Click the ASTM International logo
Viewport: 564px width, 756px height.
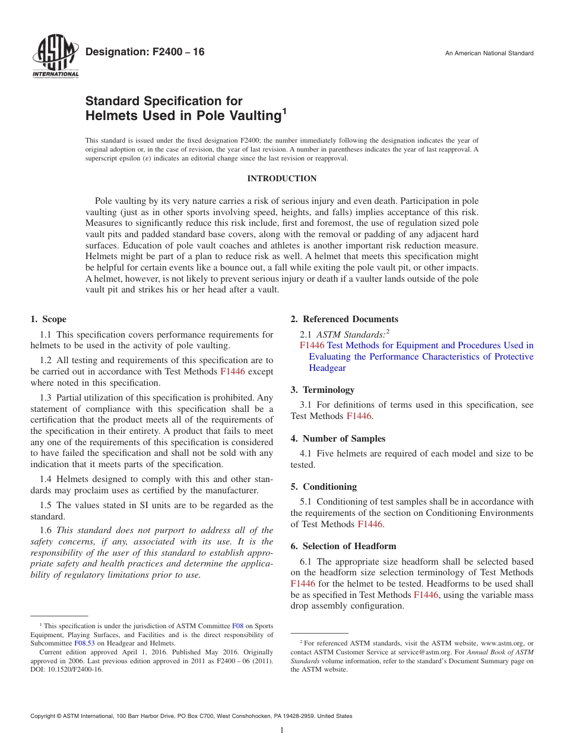tap(55, 57)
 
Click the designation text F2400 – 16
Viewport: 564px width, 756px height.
tap(145, 52)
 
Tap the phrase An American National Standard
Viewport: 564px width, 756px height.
tap(489, 53)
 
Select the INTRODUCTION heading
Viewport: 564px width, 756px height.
tap(281, 178)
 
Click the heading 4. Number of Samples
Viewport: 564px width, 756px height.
tap(338, 439)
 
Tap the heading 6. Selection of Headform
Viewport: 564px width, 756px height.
tap(343, 546)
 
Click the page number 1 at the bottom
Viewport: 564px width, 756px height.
tap(282, 730)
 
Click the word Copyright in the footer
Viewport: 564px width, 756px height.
tap(45, 716)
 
